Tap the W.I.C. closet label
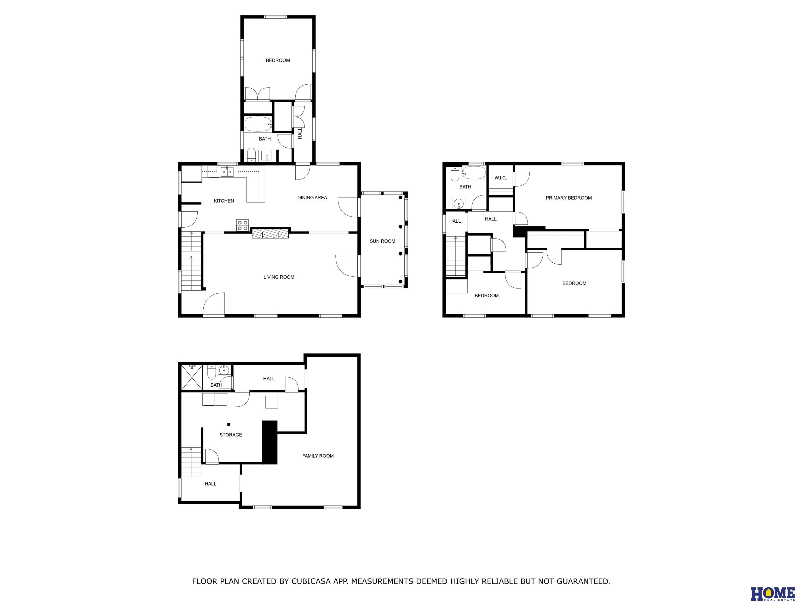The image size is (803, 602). coord(500,178)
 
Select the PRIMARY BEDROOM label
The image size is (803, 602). coord(569,198)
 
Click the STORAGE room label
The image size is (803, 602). coord(231,435)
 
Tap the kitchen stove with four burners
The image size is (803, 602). coord(243,225)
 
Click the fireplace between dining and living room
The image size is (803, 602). coord(271,233)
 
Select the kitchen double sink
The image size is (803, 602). coord(227,172)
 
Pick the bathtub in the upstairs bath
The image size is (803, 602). coord(473,173)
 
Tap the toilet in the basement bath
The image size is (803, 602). coord(211,372)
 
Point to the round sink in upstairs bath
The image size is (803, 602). coord(459,204)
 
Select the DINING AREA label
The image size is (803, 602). coord(312,198)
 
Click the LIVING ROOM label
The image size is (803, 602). coord(279,277)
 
